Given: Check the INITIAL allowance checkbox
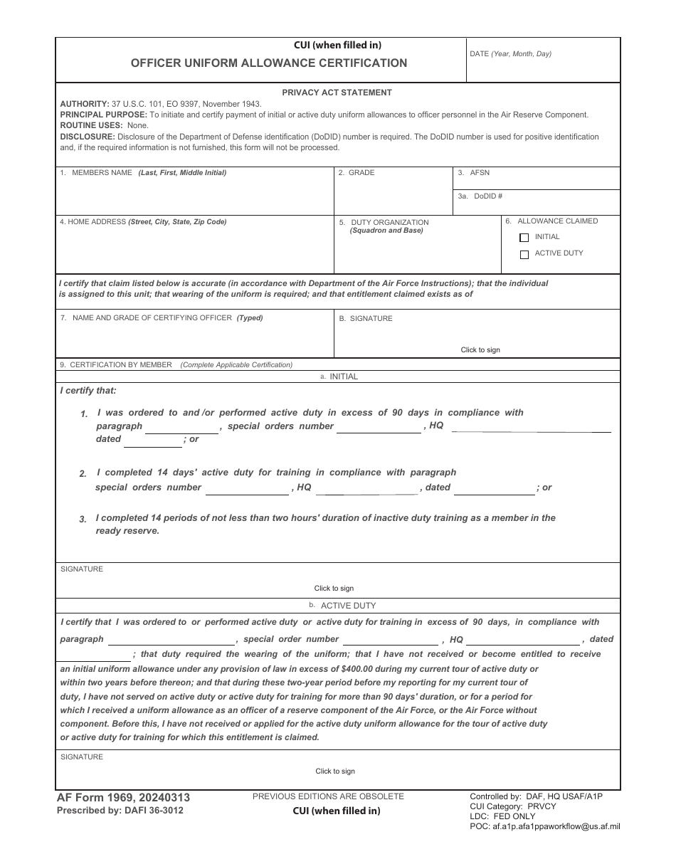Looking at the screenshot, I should coord(524,238).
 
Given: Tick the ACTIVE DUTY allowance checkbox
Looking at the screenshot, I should coord(524,254).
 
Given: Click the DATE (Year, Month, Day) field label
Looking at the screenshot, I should coord(510,54).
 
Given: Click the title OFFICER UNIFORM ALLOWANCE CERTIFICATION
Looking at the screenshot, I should coord(269,63).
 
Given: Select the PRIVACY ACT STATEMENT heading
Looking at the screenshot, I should coord(337,93).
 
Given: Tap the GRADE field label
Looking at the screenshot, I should coord(361,173).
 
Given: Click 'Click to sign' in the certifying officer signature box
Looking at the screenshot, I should coord(480,350).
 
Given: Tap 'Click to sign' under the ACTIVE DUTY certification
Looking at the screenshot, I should coord(335,771).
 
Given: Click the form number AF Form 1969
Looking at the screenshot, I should coord(100,798).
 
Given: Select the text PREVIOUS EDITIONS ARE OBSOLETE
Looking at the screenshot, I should coord(328,796).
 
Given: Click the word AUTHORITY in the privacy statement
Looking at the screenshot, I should coord(84,104).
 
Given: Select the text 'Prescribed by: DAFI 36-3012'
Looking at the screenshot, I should coord(120,811).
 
